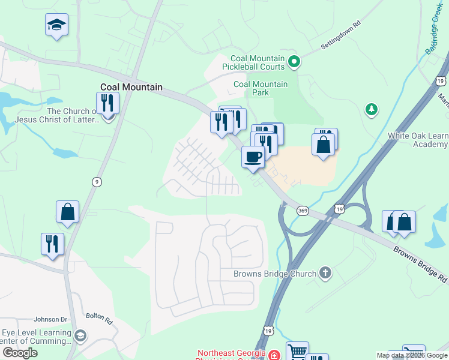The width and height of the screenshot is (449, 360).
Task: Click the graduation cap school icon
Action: (x=56, y=25)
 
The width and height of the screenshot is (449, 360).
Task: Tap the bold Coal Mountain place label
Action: (x=131, y=87)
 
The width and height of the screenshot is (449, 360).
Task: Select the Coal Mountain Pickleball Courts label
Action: (x=253, y=62)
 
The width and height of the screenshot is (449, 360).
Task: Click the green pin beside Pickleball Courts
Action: (x=294, y=61)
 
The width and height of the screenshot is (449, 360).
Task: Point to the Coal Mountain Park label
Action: (x=260, y=89)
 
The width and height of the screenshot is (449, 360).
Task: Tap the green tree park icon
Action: (x=372, y=109)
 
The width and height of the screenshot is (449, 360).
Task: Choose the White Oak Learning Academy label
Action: (x=418, y=140)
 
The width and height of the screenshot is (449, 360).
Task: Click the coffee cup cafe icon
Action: (x=253, y=157)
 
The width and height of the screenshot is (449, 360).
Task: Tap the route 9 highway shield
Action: (x=95, y=181)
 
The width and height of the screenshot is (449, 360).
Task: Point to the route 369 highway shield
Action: (x=303, y=211)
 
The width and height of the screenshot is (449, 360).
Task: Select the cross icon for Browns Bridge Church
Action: (x=325, y=274)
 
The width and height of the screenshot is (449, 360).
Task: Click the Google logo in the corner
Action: (x=20, y=353)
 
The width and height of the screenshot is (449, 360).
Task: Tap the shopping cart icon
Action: (x=297, y=351)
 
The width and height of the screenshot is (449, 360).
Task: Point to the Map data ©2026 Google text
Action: (x=412, y=355)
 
